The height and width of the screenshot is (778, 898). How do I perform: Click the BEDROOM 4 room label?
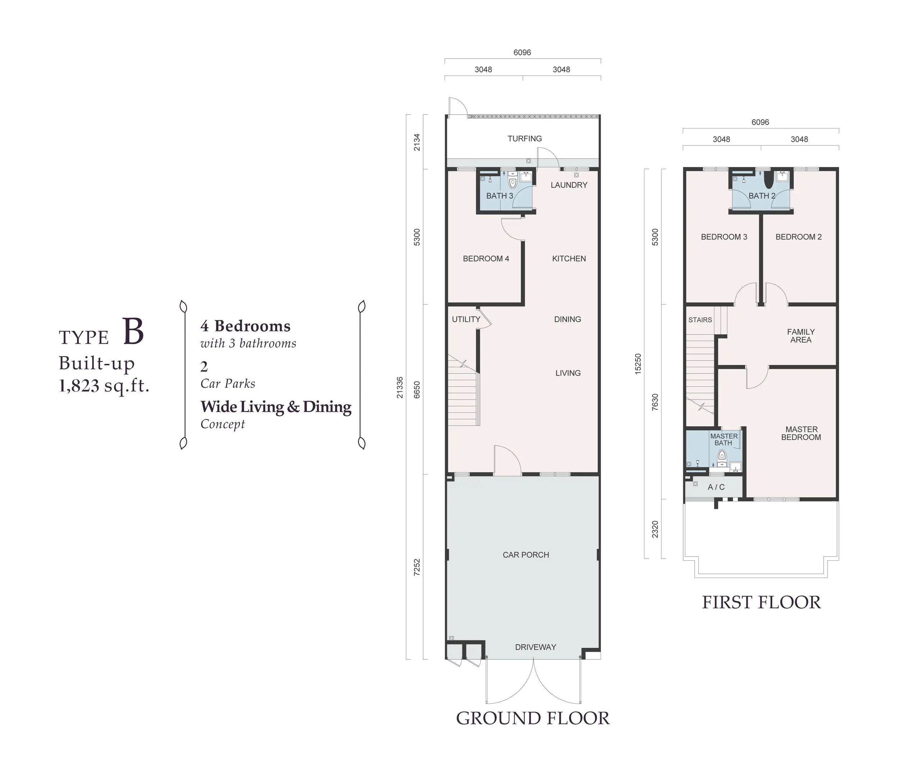pyautogui.click(x=486, y=259)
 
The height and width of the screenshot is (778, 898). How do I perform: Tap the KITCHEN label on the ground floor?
pyautogui.click(x=569, y=259)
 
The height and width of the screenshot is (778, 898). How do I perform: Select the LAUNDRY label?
pyautogui.click(x=569, y=185)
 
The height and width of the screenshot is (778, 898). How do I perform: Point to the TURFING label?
pyautogui.click(x=524, y=139)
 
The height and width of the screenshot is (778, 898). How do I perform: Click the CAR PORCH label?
pyautogui.click(x=526, y=555)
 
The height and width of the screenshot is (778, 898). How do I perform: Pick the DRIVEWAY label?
pyautogui.click(x=536, y=647)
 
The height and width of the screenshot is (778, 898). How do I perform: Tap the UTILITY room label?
pyautogui.click(x=466, y=320)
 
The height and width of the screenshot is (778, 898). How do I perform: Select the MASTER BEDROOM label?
pyautogui.click(x=801, y=433)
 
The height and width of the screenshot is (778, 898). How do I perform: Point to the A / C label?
pyautogui.click(x=716, y=487)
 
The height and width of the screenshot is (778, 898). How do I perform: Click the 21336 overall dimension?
pyautogui.click(x=400, y=387)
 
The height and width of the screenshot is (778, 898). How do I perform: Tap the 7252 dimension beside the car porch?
pyautogui.click(x=417, y=567)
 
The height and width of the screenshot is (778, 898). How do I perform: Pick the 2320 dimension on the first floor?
pyautogui.click(x=655, y=529)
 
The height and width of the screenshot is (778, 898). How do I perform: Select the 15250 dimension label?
pyautogui.click(x=638, y=364)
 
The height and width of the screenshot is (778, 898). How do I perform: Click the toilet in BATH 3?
pyautogui.click(x=512, y=180)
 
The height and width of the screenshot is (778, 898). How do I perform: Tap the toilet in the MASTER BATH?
pyautogui.click(x=722, y=456)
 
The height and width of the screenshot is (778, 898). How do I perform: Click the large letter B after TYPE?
pyautogui.click(x=133, y=332)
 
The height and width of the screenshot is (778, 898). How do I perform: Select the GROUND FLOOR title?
pyautogui.click(x=533, y=718)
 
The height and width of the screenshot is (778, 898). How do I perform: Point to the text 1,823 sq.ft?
pyautogui.click(x=104, y=385)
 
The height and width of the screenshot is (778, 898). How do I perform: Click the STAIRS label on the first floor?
pyautogui.click(x=700, y=320)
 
